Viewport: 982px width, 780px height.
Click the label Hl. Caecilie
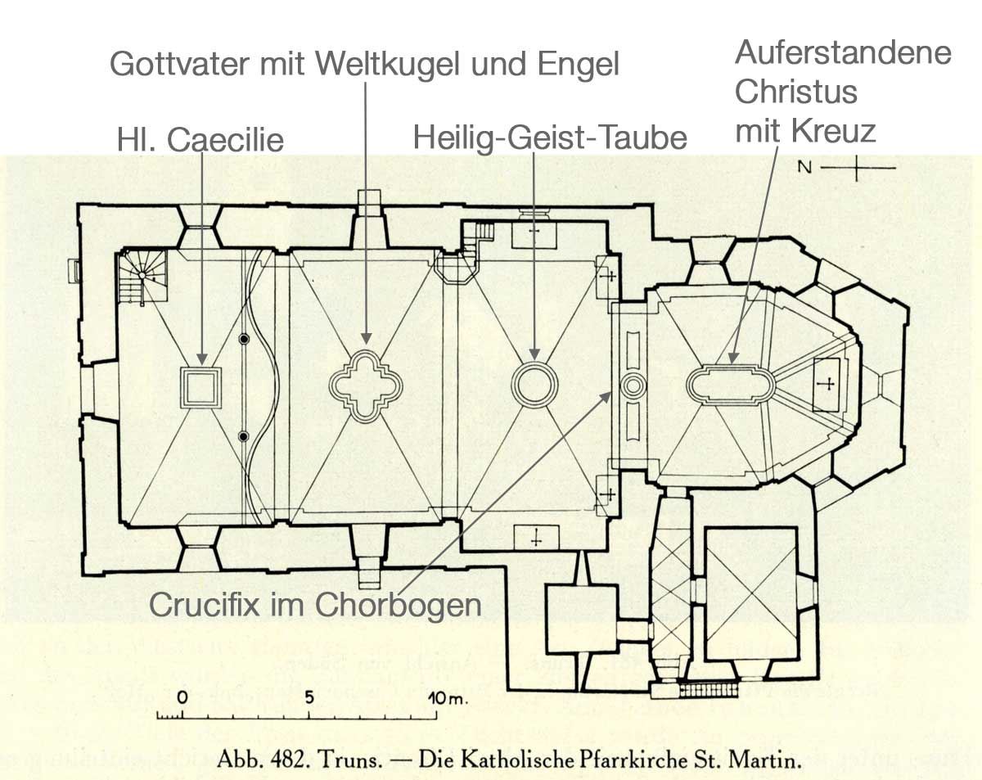tap(200, 139)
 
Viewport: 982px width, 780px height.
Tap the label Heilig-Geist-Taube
tap(550, 138)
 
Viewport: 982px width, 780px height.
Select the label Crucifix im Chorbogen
tap(315, 605)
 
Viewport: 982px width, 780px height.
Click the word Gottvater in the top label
tap(179, 64)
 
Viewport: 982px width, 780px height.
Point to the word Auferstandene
tap(843, 52)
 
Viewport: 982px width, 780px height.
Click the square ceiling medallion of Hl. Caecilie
tap(200, 367)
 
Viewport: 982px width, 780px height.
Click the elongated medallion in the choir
tap(730, 366)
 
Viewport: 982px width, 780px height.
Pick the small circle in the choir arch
tap(633, 376)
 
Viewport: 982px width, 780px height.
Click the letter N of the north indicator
tap(804, 168)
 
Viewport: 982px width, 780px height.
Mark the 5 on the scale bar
tap(309, 697)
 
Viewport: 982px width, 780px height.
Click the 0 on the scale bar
tap(182, 697)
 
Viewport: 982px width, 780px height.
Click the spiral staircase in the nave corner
tap(142, 276)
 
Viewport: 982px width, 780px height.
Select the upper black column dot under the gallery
tap(244, 339)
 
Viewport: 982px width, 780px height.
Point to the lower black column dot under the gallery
tap(244, 437)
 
